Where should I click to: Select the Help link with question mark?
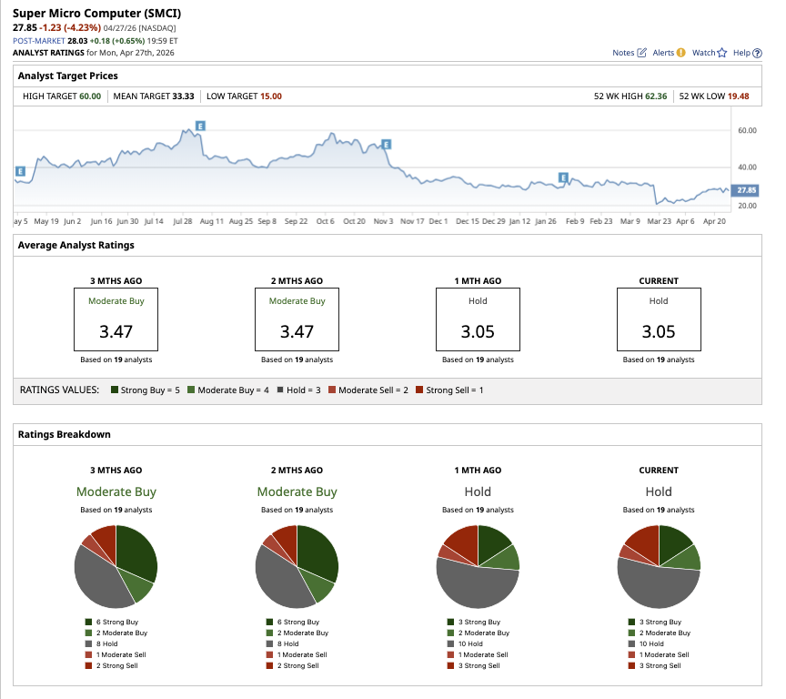747,53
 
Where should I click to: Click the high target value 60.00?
88,96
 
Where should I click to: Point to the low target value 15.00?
270,96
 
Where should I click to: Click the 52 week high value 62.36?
654,96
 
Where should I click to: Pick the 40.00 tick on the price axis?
747,167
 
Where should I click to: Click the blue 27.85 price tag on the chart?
746,190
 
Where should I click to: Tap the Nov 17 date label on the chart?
412,221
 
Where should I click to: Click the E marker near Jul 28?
199,125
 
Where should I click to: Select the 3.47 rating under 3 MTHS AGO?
116,331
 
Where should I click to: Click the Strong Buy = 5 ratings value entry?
145,390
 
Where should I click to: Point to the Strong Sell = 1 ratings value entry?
451,390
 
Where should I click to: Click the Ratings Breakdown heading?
65,434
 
